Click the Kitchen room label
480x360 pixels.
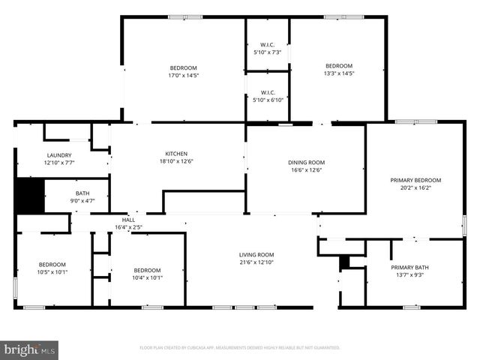click(176, 154)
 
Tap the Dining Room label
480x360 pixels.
click(306, 162)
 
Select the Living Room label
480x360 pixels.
click(256, 254)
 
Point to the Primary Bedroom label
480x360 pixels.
click(415, 180)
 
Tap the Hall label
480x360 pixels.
click(128, 220)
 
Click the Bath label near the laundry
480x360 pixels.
click(81, 193)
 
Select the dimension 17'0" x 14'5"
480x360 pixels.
click(183, 75)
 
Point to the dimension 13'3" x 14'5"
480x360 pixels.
click(338, 73)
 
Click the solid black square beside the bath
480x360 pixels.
click(30, 195)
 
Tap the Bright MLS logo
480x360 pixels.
click(30, 349)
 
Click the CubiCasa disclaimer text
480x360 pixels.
click(240, 348)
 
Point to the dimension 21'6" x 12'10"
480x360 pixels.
click(256, 262)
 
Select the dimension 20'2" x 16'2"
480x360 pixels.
click(415, 187)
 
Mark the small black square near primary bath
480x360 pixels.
click(344, 262)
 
